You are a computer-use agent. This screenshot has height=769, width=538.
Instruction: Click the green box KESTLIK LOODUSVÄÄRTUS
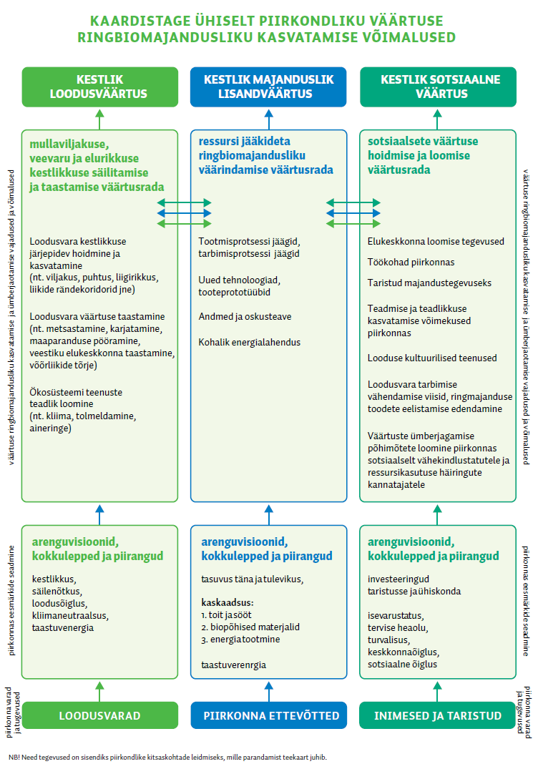click(99, 87)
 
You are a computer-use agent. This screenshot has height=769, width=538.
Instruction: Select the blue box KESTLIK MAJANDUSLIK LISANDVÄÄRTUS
click(268, 87)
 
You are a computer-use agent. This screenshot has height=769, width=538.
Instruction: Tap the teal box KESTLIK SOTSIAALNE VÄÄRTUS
click(437, 87)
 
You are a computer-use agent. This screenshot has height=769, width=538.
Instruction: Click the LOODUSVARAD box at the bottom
click(99, 715)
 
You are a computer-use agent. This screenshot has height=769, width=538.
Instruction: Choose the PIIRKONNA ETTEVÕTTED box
click(268, 715)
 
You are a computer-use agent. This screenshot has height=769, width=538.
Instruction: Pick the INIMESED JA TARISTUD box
click(437, 715)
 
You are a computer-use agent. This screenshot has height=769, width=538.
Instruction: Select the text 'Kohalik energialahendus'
click(250, 342)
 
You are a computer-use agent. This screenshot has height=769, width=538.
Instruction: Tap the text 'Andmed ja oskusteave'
click(245, 316)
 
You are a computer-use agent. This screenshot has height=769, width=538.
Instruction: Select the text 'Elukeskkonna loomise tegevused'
click(436, 241)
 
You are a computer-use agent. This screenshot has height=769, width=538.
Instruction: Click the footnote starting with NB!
click(172, 755)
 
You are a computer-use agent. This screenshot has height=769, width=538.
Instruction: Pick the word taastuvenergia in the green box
click(63, 627)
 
